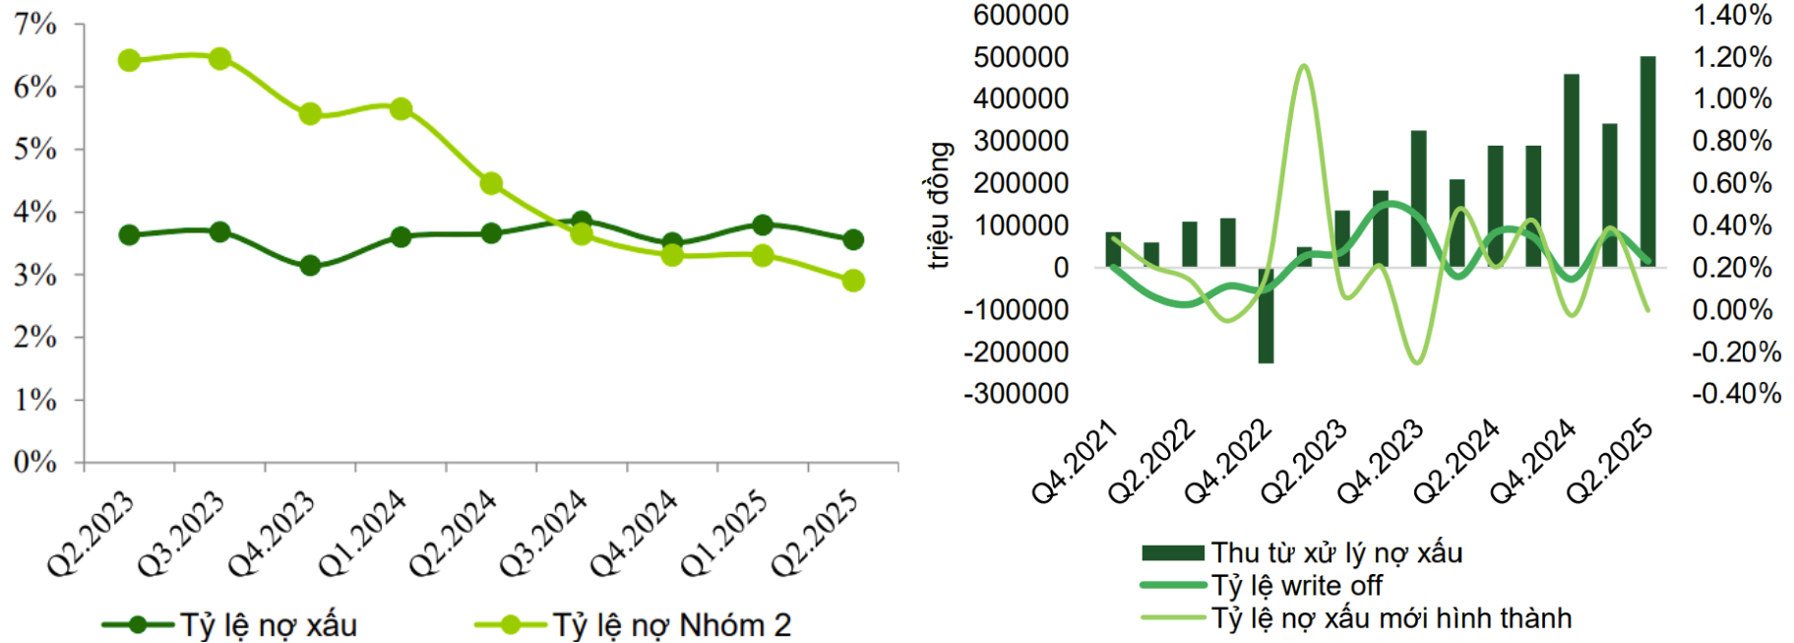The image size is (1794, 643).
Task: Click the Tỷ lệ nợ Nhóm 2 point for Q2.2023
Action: coord(129,61)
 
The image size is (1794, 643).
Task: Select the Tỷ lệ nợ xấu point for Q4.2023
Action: coord(310,266)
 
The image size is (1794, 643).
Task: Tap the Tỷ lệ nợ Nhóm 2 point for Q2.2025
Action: coord(853,281)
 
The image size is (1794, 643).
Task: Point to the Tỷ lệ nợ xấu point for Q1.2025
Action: coord(763,225)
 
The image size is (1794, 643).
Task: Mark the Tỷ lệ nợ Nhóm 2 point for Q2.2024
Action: coord(491,184)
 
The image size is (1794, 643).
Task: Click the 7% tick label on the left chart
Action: coord(35,24)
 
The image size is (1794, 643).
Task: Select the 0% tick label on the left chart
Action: coord(35,462)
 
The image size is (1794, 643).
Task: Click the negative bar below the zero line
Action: coord(1266,315)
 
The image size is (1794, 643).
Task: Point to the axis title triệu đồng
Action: coord(940,205)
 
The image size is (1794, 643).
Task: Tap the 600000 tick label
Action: coord(1021,15)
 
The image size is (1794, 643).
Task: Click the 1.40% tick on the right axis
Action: coord(1732,15)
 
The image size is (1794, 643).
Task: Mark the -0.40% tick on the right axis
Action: coord(1736,394)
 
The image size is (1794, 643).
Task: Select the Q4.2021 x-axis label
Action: coord(1075,461)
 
